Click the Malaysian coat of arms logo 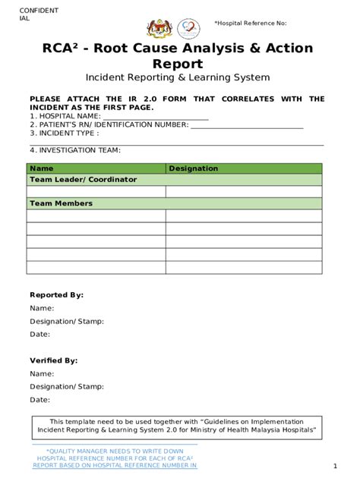(158, 29)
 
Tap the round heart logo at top (188, 29)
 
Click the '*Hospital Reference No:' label (250, 24)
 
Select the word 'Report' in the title (177, 64)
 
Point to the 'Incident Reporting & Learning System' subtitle (177, 77)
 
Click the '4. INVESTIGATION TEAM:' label (74, 150)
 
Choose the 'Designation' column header (193, 168)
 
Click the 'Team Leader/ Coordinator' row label (83, 180)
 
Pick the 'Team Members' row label (61, 203)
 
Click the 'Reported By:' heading (56, 295)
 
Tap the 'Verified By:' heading (53, 361)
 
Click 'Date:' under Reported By (39, 334)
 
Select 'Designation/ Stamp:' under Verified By (67, 387)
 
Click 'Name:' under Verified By (42, 374)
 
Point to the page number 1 (335, 466)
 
